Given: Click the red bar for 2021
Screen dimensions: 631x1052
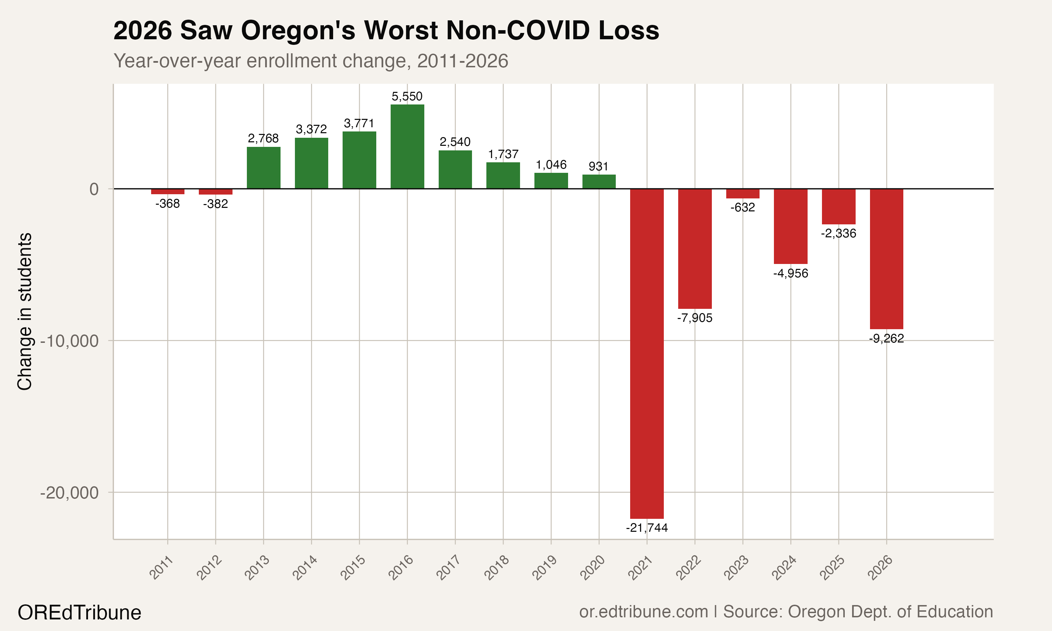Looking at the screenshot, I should (x=647, y=353).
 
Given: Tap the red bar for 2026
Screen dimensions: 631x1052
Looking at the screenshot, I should (x=886, y=258).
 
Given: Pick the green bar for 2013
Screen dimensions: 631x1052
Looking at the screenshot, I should (x=263, y=168).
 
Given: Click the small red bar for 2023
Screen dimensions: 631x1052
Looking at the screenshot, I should (x=742, y=194).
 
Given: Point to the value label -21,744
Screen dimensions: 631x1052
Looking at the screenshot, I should (x=647, y=528).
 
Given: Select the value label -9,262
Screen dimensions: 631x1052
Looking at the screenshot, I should (x=886, y=338).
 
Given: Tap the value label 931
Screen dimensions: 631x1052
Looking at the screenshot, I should (x=598, y=166).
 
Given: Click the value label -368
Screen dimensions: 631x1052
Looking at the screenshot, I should (x=168, y=204).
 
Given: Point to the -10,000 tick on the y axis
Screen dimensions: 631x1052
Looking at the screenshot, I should (x=70, y=341).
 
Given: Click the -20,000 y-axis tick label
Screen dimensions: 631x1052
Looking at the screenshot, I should (x=70, y=493).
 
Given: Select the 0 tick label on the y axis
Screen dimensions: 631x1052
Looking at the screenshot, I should (x=94, y=189).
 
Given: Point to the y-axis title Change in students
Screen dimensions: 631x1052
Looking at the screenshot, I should (x=25, y=311).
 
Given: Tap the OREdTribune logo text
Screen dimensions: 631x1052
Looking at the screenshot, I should (x=80, y=613).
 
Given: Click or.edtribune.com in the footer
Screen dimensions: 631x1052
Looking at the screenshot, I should (x=643, y=611).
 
